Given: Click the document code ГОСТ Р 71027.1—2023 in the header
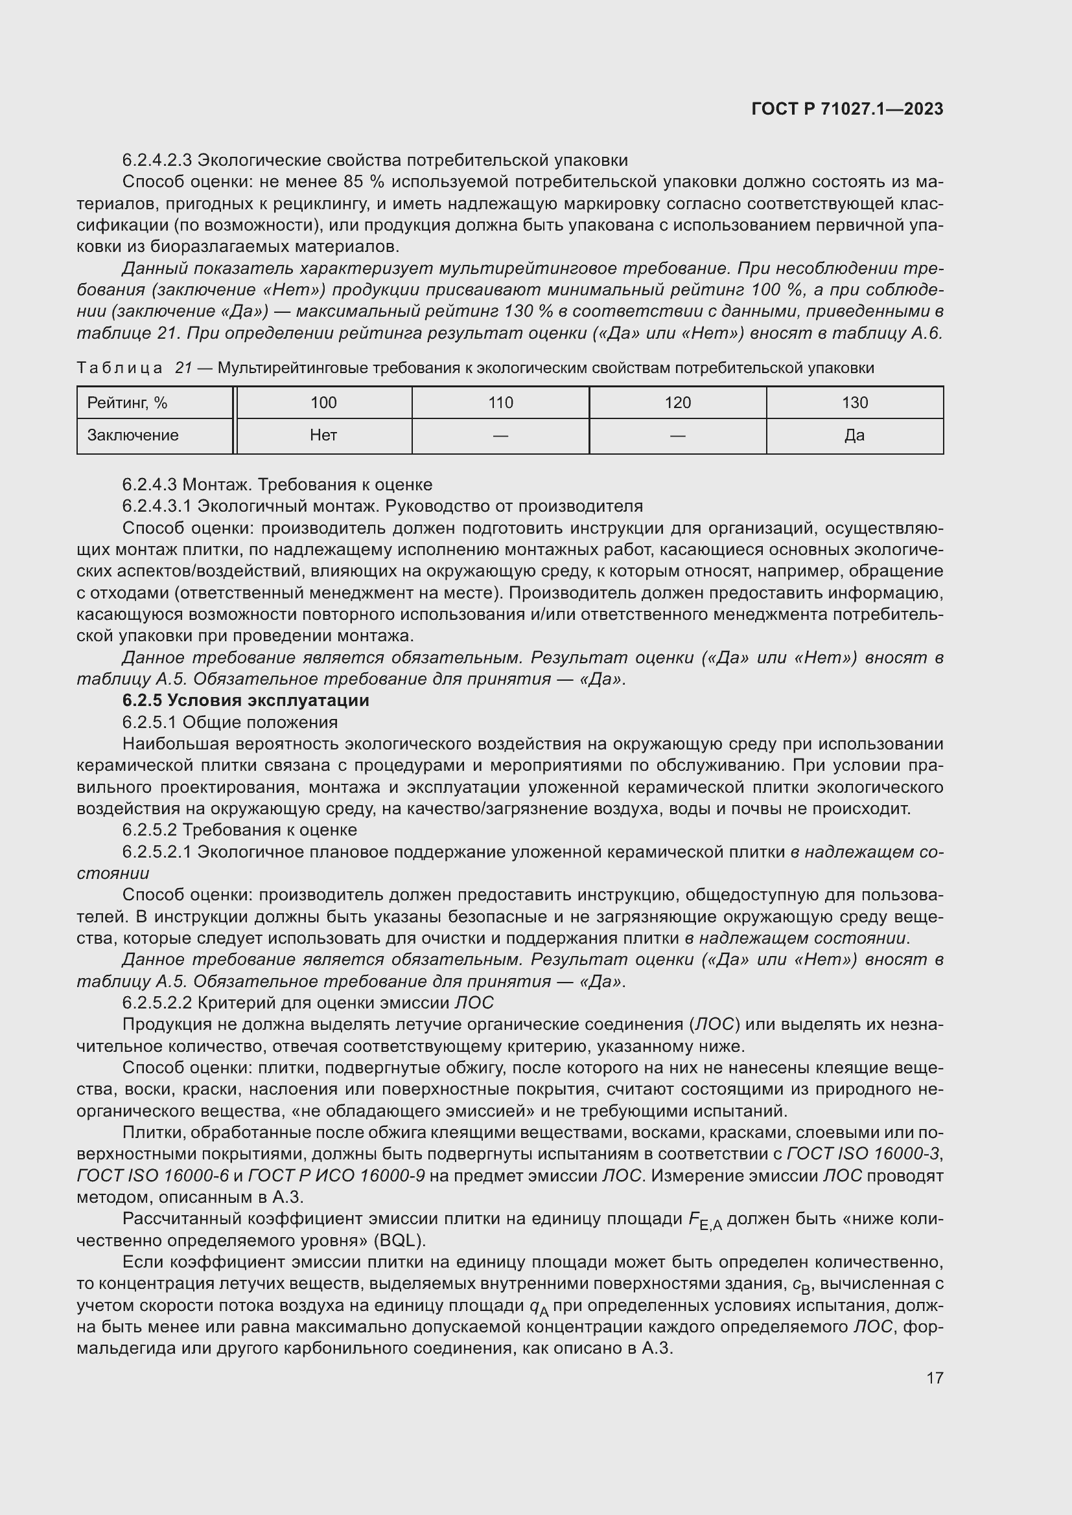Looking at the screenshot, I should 847,109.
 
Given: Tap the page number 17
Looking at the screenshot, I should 935,1378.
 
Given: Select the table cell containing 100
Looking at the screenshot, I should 323,402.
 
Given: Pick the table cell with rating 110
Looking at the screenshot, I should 500,402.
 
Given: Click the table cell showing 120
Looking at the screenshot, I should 677,402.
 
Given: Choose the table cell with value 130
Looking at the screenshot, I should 854,402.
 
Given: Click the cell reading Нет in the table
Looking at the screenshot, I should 323,435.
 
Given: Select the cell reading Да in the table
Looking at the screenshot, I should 854,435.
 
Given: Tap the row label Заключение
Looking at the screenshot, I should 133,435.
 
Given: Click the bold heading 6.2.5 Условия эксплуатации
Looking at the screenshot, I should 246,700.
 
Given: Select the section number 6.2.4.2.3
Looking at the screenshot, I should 156,161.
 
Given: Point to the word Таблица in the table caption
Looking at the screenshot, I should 119,368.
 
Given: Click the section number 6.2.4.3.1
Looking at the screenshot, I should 156,506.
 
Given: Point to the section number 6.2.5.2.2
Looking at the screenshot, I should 156,1003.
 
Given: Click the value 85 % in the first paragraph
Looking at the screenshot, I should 362,181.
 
